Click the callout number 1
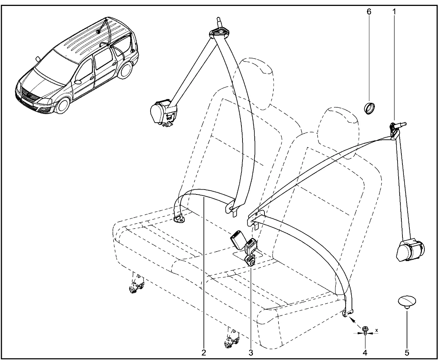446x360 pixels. pyautogui.click(x=394, y=11)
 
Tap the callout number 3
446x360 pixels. pyautogui.click(x=251, y=352)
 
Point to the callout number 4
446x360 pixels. pyautogui.click(x=365, y=352)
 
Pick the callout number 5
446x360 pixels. pyautogui.click(x=407, y=352)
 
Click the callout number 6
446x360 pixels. pyautogui.click(x=369, y=11)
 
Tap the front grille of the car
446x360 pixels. pyautogui.click(x=28, y=94)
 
